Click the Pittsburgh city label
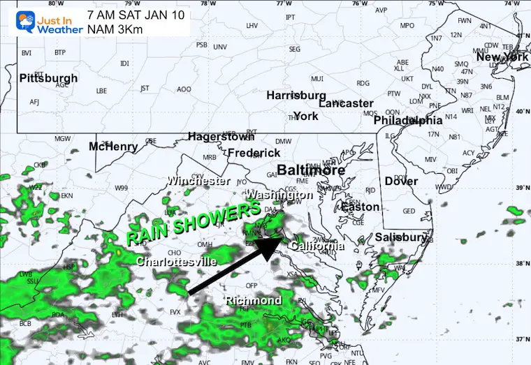48,77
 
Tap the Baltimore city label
311,170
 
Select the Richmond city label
253,301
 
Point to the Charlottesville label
176,262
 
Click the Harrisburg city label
296,95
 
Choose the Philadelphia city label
408,121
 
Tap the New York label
502,57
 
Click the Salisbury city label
400,238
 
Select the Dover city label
401,181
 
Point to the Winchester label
198,181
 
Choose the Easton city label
360,207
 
